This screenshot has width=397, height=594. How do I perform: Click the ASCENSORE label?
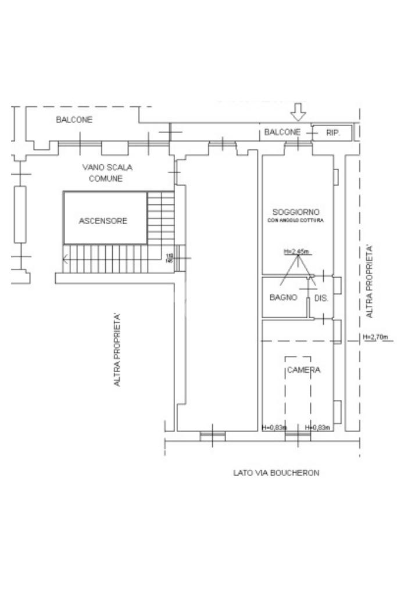103,221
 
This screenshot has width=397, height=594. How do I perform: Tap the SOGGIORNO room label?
296,212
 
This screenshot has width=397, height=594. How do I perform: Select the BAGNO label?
284,297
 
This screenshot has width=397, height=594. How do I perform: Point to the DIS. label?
321,298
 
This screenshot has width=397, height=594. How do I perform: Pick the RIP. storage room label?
333,132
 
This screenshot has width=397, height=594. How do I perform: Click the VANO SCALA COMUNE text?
108,173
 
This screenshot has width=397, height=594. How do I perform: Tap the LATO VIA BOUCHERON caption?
276,473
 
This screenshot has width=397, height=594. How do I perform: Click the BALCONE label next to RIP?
282,132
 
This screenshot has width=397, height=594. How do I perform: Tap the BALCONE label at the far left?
74,120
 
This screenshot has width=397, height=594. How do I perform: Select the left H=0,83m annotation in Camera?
274,428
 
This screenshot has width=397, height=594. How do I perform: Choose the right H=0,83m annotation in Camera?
317,428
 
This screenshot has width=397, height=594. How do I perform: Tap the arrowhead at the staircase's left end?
65,260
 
